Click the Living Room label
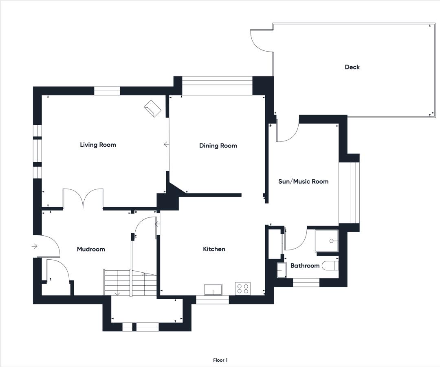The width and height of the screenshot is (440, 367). point(98,145)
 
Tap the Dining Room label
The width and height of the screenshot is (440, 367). point(218,145)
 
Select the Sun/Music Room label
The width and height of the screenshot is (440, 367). point(304,181)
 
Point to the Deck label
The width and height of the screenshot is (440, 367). point(352,67)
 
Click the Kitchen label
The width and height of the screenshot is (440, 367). point(214,249)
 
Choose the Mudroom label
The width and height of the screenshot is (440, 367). point(91,249)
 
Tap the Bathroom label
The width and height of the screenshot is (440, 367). point(305,266)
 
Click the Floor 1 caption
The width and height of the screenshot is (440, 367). point(220,360)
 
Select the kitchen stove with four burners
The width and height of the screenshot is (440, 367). point(243,288)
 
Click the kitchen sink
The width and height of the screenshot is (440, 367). point(213,290)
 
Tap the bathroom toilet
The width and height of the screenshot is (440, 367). point(330,266)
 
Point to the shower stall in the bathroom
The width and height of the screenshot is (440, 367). point(327,241)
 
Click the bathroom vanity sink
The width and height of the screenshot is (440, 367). point(282,270)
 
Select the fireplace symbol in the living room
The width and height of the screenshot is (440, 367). point(152,109)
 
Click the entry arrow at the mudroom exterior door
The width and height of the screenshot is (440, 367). point(35,246)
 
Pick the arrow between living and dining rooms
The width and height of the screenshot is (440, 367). point(166,144)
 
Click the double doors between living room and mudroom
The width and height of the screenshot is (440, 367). point(83,199)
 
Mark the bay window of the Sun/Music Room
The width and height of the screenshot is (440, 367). point(350,193)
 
